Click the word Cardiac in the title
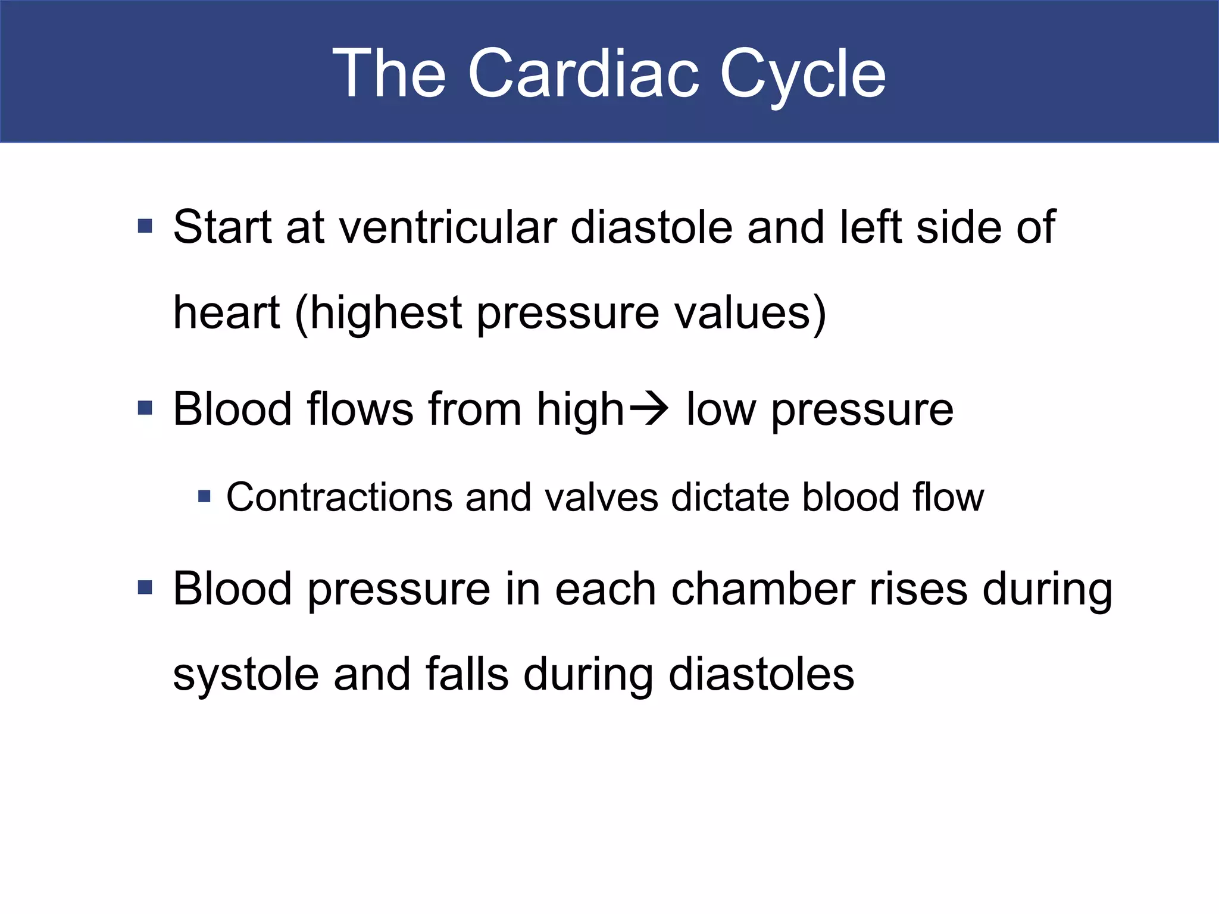coord(583,74)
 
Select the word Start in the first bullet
coord(223,227)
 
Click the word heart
coord(226,313)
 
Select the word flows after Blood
coord(360,409)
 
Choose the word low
coord(721,409)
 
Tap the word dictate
coord(730,497)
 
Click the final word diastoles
coord(761,675)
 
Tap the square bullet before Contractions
coord(204,496)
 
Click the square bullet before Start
coord(145,226)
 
